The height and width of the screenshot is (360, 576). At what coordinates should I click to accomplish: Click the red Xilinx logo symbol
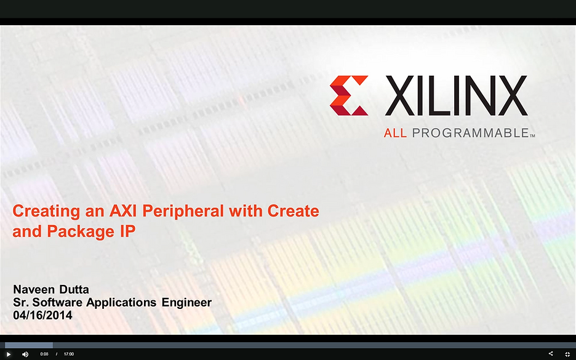[x=349, y=95]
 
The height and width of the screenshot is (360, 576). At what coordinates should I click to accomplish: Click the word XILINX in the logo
[x=456, y=96]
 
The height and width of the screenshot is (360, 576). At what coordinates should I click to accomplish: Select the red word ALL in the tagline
[x=395, y=133]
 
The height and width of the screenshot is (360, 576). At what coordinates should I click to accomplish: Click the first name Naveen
[x=33, y=289]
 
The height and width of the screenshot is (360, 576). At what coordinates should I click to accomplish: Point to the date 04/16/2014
[x=42, y=315]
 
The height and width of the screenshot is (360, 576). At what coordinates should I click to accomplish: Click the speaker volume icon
[x=25, y=354]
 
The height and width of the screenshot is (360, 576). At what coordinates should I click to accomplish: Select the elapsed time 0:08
[x=44, y=354]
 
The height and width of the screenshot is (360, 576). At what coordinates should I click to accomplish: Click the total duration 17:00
[x=69, y=354]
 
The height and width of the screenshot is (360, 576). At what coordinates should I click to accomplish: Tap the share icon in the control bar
[x=551, y=354]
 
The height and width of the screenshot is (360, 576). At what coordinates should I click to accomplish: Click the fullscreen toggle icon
[x=567, y=354]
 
